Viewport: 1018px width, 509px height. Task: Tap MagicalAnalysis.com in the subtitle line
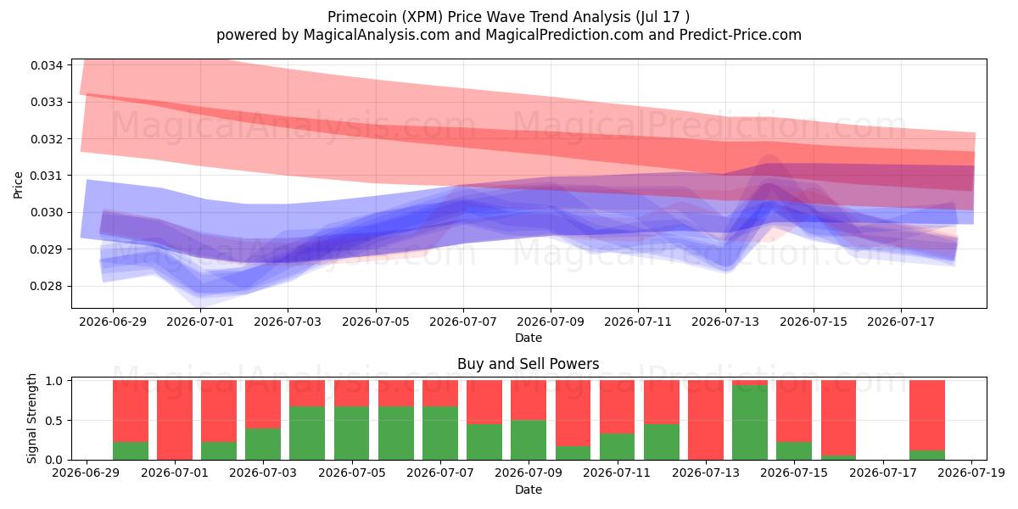[377, 35]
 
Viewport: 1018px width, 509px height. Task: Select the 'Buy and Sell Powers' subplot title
[528, 364]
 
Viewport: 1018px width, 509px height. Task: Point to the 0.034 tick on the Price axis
[47, 65]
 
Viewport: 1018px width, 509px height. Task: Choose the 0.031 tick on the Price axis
[47, 176]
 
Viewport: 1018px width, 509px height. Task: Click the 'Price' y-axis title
[18, 185]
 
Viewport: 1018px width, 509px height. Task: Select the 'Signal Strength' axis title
[31, 418]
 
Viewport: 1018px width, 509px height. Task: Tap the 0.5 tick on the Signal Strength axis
[54, 421]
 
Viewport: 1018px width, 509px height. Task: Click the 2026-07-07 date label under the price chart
[463, 322]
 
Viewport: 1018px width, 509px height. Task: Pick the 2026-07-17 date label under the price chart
[901, 322]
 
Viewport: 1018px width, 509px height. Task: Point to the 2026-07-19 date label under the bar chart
[971, 473]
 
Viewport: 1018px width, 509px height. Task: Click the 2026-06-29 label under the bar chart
[86, 473]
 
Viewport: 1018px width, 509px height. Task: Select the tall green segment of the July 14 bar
[750, 422]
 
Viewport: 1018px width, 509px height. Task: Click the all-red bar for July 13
[706, 420]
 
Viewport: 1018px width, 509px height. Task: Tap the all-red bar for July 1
[175, 420]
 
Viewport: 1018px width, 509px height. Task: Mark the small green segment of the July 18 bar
[927, 455]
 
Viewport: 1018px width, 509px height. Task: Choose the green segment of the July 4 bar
[307, 433]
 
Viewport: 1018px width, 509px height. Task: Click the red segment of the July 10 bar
[573, 413]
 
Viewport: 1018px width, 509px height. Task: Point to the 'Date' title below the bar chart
[528, 489]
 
